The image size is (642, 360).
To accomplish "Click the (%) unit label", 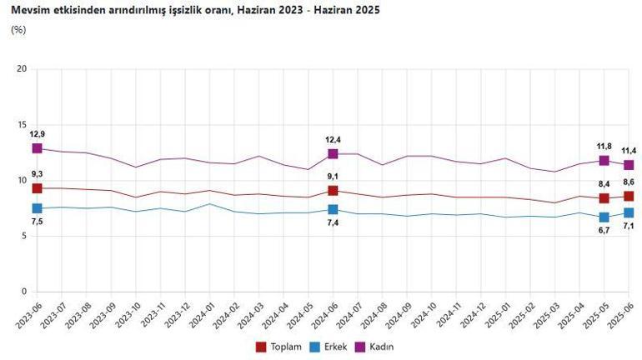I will pyautogui.click(x=18, y=30).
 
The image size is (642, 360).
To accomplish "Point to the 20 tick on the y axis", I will pyautogui.click(x=23, y=68).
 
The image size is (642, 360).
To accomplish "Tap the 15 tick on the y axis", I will pyautogui.click(x=23, y=124).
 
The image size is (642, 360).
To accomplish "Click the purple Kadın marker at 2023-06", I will pyautogui.click(x=38, y=148).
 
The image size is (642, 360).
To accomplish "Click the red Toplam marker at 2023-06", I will pyautogui.click(x=38, y=188).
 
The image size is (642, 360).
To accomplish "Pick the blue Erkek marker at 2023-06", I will pyautogui.click(x=38, y=208).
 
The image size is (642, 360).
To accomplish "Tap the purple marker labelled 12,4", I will pyautogui.click(x=333, y=153).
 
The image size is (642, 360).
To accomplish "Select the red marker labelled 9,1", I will pyautogui.click(x=333, y=191).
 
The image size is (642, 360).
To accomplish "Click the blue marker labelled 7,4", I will pyautogui.click(x=333, y=210).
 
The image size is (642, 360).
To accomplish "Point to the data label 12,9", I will pyautogui.click(x=38, y=134).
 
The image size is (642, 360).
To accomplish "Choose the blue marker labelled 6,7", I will pyautogui.click(x=604, y=217).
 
